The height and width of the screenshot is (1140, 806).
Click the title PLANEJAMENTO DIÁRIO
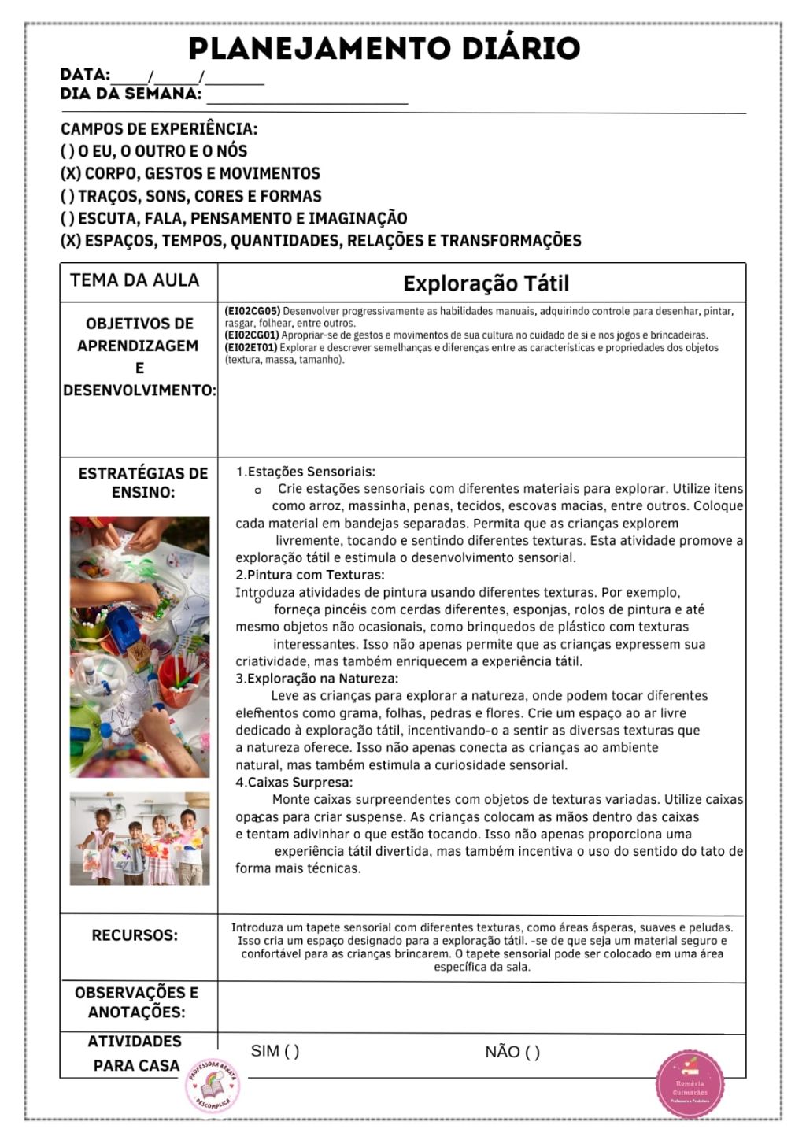(x=384, y=49)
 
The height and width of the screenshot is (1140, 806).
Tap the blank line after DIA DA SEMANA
(x=307, y=98)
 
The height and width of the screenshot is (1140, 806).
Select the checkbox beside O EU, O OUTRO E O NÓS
(x=67, y=151)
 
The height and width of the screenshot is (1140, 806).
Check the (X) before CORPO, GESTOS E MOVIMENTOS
(x=69, y=173)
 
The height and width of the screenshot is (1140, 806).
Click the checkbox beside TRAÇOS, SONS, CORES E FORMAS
(x=67, y=196)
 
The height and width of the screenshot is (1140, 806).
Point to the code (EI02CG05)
(x=252, y=311)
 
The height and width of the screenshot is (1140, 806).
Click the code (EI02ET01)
(x=251, y=347)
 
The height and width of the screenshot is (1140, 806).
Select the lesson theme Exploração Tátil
(x=485, y=283)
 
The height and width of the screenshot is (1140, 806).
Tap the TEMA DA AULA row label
(x=135, y=280)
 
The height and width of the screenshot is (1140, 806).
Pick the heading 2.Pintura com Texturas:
(x=310, y=575)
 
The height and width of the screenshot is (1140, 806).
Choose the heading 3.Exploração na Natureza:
(x=316, y=678)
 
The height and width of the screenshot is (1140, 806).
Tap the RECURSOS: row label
(x=135, y=935)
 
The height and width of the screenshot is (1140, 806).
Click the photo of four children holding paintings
(x=139, y=838)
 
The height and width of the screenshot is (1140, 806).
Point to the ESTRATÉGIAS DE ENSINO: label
(x=142, y=483)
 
